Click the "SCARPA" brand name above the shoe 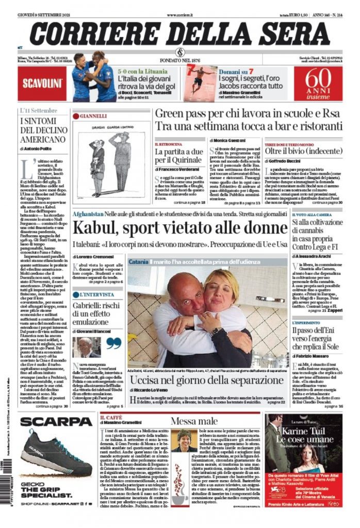tap(56, 422)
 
